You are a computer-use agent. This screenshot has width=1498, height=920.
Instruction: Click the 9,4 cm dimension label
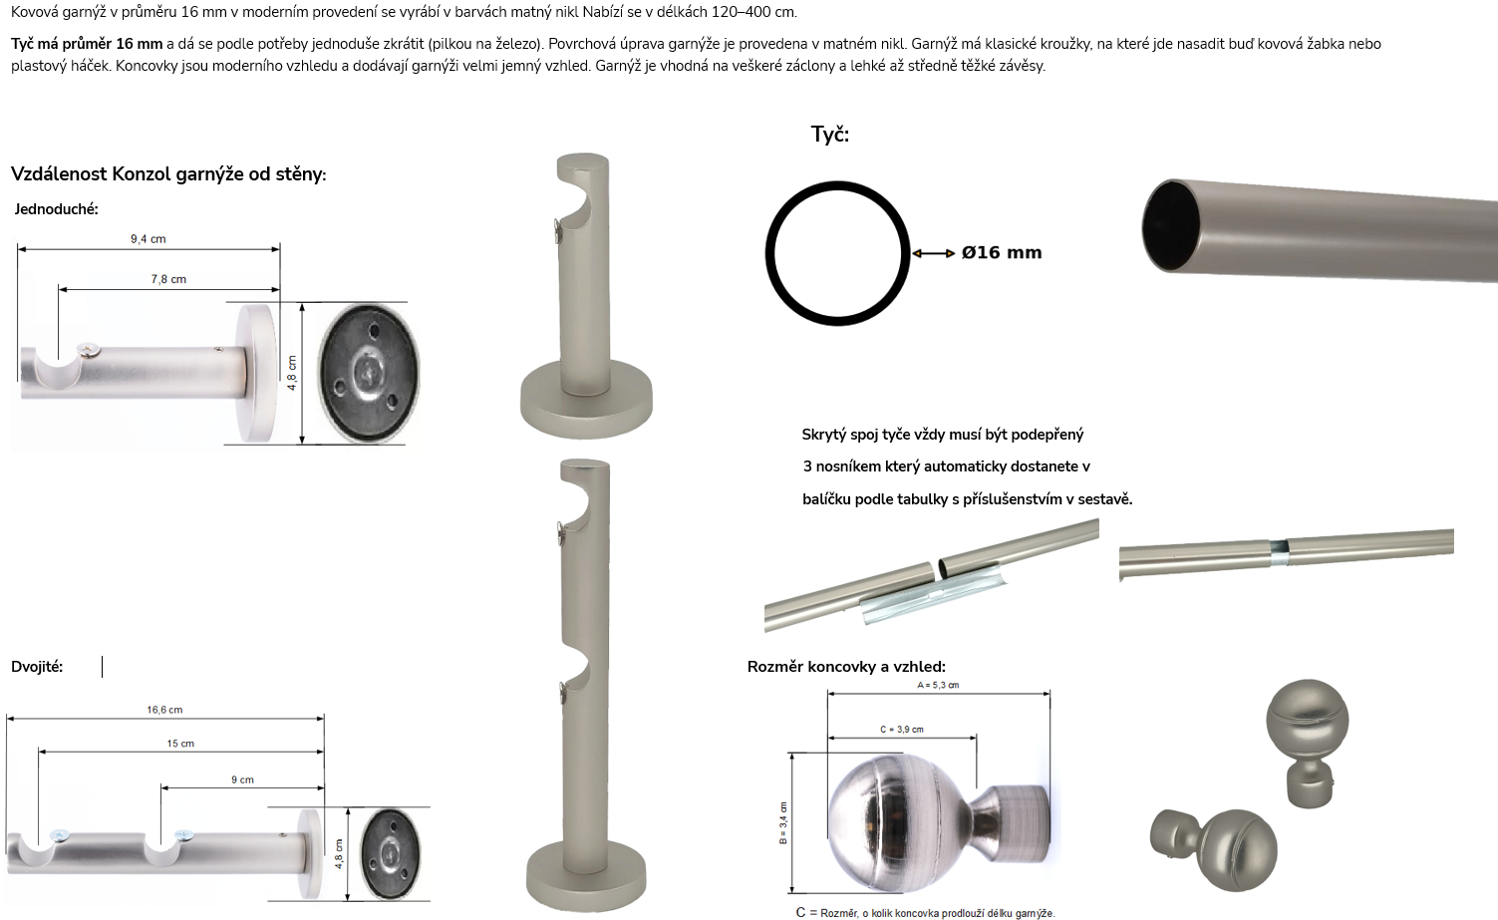pos(148,238)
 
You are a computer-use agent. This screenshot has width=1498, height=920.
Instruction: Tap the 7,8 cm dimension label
pos(168,279)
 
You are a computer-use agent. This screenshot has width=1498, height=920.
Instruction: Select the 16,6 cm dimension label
pos(164,710)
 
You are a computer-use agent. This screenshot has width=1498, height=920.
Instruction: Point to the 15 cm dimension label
pos(180,743)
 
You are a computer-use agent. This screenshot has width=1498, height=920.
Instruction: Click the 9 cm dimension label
pos(242,779)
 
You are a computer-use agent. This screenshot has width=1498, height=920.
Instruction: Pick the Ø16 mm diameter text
pos(1001,253)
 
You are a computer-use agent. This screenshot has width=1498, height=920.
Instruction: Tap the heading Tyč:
pos(830,135)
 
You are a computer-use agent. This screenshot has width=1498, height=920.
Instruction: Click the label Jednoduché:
pos(56,209)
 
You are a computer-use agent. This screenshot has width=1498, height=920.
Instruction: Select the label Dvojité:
pos(37,667)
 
